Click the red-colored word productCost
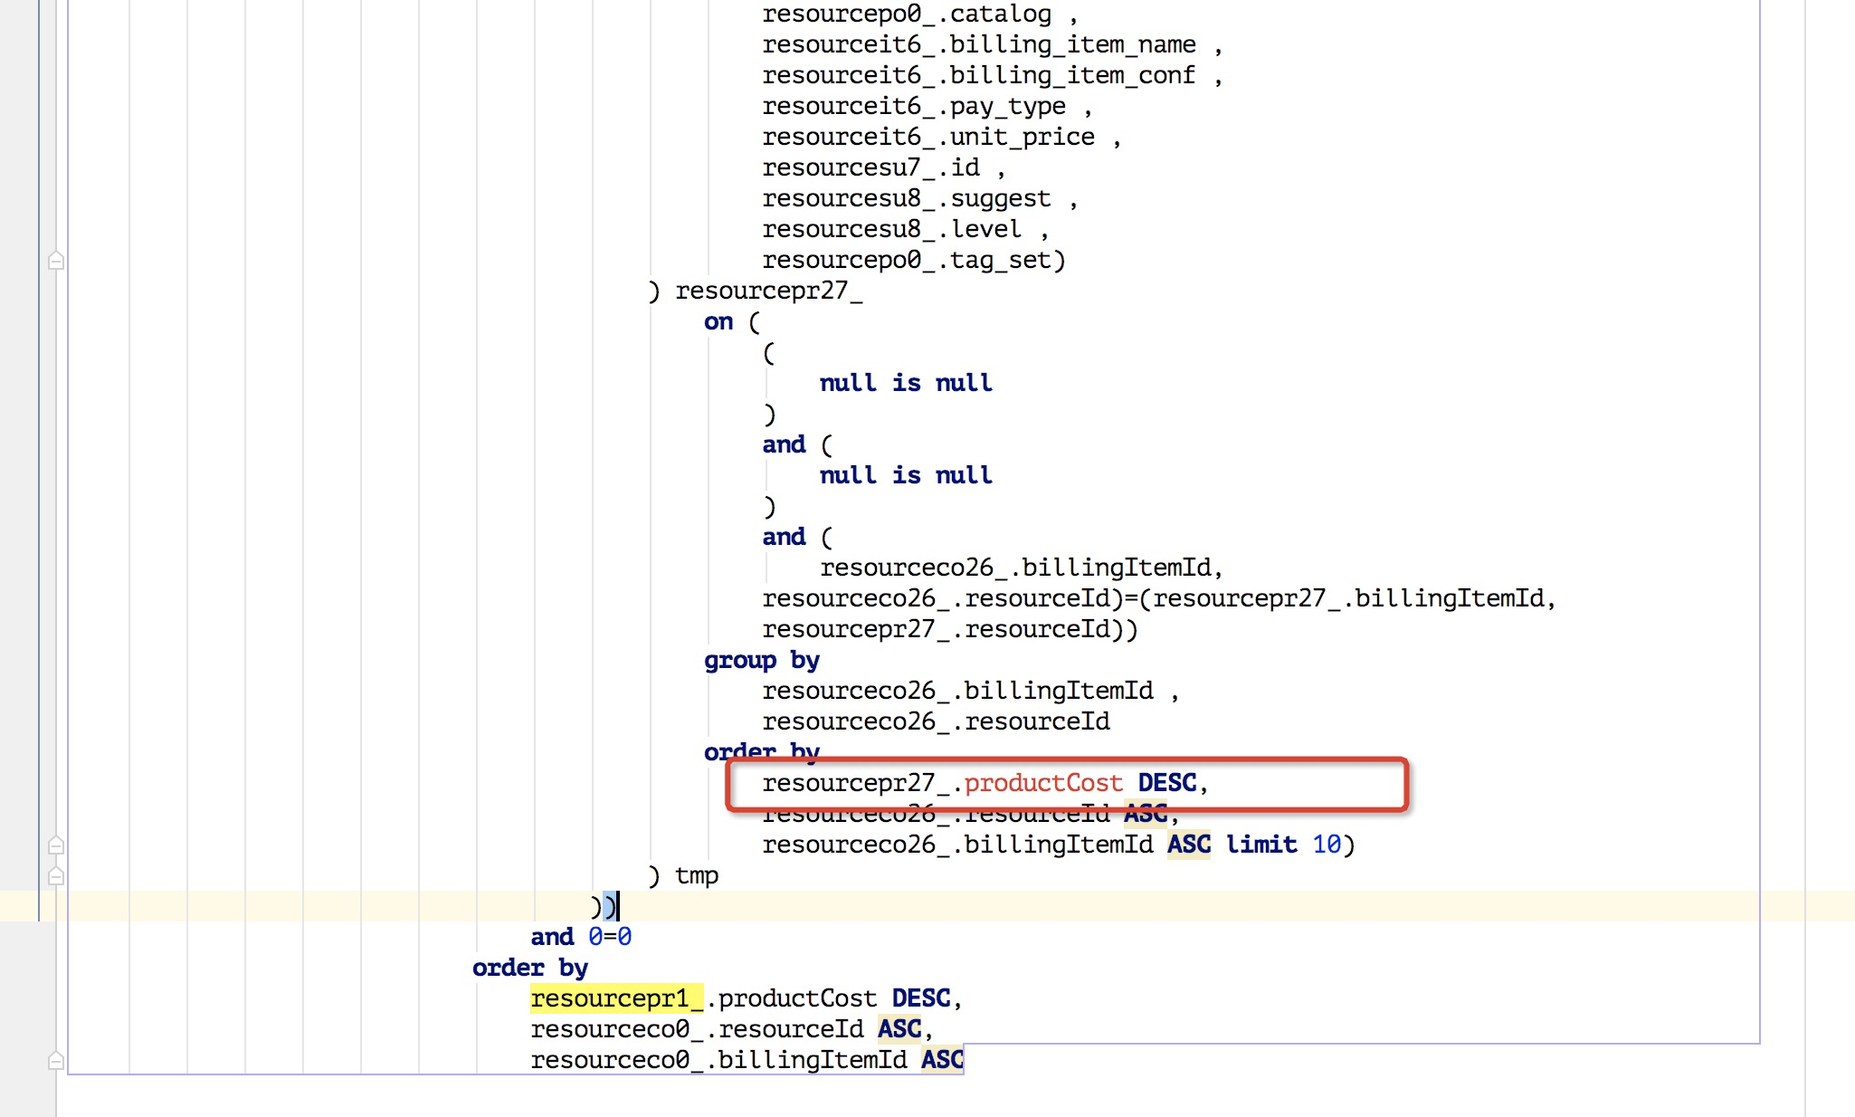pos(1042,783)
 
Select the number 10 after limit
pos(1326,845)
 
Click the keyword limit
pos(1260,845)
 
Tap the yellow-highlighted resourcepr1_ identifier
pos(616,998)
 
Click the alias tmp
pos(696,875)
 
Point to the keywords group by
pos(761,660)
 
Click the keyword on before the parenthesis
pos(718,321)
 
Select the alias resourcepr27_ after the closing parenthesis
pos(768,291)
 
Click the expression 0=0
pos(609,937)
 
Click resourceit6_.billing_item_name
pos(978,44)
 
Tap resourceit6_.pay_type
pos(913,106)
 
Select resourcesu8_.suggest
pos(906,198)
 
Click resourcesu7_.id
pos(870,167)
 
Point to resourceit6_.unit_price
pos(927,137)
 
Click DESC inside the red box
pos(1166,783)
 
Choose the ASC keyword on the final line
pos(942,1060)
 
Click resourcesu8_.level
pos(891,229)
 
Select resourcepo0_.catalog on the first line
pos(906,14)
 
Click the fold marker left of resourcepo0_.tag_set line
pos(56,261)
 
